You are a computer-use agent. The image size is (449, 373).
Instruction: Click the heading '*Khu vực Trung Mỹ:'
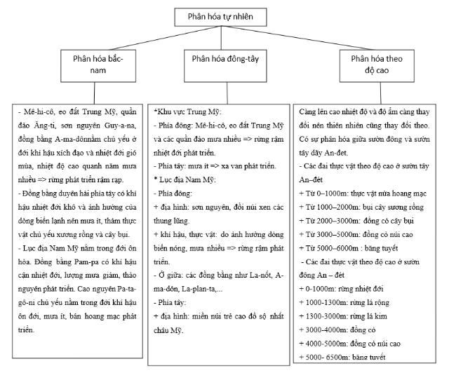tap(189, 111)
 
